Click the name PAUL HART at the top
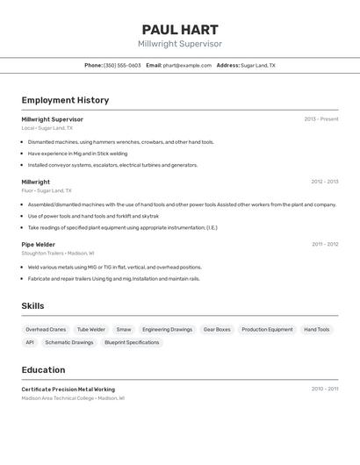point(180,29)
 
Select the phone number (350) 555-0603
point(122,66)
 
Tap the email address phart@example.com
point(187,66)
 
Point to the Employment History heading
point(65,100)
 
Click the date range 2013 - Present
point(321,119)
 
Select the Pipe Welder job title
point(39,245)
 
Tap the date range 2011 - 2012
point(325,245)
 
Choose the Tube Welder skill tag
point(90,330)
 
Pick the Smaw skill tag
point(124,330)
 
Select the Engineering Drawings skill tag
point(167,330)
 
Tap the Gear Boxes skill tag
point(217,330)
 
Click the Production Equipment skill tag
point(267,330)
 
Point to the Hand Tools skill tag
point(317,330)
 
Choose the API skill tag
point(30,343)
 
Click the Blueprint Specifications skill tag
point(132,343)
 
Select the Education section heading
point(43,370)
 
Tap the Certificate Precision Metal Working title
point(68,390)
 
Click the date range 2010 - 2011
point(325,389)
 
